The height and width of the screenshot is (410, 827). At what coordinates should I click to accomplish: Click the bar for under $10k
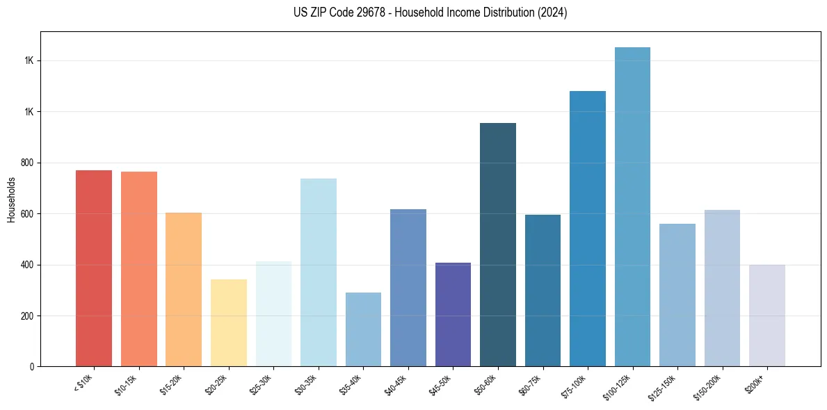[x=94, y=268]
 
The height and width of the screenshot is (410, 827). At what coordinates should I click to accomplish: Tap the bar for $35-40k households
[x=363, y=329]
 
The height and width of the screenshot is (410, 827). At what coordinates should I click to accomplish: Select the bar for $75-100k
[x=588, y=229]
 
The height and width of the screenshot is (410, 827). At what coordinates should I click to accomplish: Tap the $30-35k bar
[x=319, y=272]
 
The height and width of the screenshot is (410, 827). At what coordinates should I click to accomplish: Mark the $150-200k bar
[x=722, y=288]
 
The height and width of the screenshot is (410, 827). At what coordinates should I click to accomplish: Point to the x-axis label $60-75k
[x=531, y=384]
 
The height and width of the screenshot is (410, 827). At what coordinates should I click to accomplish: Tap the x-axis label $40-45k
[x=396, y=384]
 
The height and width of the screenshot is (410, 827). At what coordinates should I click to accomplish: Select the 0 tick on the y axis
[x=33, y=367]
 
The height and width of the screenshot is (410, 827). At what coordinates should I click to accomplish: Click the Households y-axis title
[x=12, y=199]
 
